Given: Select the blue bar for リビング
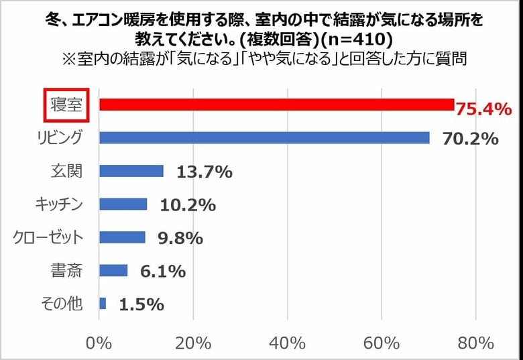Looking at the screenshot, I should pos(264,137).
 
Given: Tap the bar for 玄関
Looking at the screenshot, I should pos(131,171).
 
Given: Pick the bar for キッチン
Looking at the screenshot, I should pos(123,204).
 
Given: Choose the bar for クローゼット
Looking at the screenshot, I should pos(122,237).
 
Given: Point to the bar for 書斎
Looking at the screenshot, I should pos(113,270).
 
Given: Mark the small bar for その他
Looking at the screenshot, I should pos(103,304).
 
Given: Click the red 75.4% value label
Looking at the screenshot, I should pos(483,108).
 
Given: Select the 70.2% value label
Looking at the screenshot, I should pos(471,139).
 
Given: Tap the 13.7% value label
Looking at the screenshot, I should pos(205,172).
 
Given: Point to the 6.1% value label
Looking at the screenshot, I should pos(162,272).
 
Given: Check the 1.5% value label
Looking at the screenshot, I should pos(141,304).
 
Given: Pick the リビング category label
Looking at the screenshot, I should pos(60,137).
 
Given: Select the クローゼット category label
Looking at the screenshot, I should pos(49,237).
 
